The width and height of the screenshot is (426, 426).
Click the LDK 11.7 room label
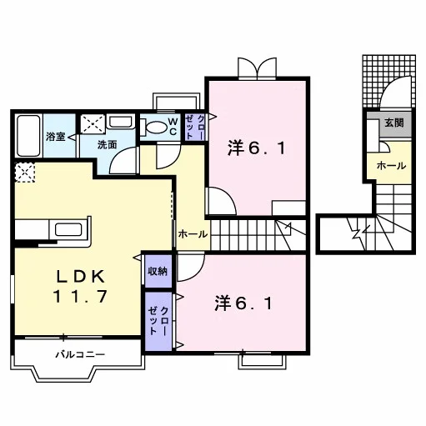click(x=80, y=286)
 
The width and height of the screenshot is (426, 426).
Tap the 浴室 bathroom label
click(x=56, y=137)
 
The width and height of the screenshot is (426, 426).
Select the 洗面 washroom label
click(x=107, y=145)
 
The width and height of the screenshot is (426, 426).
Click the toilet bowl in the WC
click(x=155, y=128)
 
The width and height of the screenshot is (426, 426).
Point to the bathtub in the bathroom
click(x=28, y=136)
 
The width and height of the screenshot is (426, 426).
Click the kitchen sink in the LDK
click(x=68, y=230)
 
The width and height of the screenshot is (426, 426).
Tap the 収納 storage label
click(x=158, y=271)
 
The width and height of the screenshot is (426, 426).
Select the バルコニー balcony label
click(x=80, y=354)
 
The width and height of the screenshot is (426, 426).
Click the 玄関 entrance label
click(x=394, y=123)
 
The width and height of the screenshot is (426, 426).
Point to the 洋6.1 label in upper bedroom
click(x=257, y=148)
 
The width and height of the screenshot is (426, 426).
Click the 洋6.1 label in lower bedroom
click(x=243, y=303)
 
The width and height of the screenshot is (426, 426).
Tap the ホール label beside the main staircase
click(x=193, y=234)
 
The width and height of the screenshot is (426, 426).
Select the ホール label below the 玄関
click(x=391, y=166)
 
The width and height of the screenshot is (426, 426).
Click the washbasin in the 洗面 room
click(x=120, y=122)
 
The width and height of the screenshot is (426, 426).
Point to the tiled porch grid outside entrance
click(x=389, y=81)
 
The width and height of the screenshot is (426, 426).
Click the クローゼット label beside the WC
click(x=195, y=128)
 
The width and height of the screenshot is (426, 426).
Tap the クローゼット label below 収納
click(x=158, y=321)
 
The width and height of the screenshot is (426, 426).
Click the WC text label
click(x=173, y=127)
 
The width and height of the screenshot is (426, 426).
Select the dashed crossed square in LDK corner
click(x=25, y=173)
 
